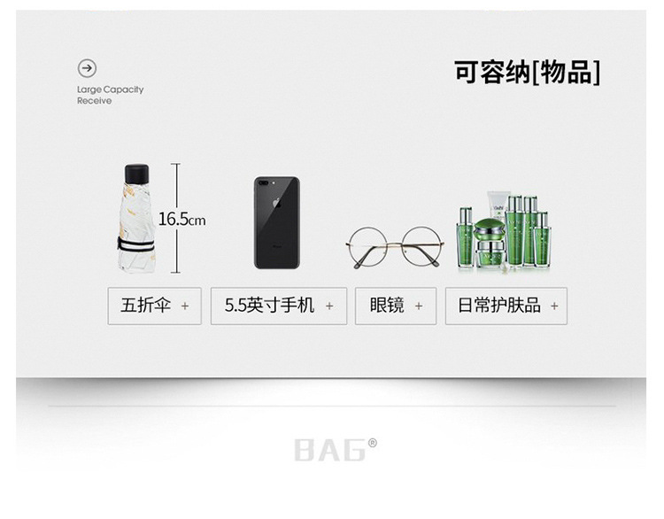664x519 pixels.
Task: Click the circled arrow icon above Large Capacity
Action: (87, 68)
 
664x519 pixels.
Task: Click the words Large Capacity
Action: (110, 89)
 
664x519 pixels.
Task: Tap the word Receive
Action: (94, 101)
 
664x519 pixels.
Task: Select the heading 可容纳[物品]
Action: (527, 73)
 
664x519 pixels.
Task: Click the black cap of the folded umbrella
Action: (136, 171)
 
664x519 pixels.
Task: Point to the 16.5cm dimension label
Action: (182, 219)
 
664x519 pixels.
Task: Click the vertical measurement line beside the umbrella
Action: (176, 217)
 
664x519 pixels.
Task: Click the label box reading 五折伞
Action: (154, 306)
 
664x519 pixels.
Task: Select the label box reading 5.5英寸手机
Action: (279, 306)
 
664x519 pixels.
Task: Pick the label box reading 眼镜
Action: (396, 306)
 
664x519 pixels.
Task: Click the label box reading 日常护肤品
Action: (506, 306)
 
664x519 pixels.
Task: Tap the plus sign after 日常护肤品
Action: (554, 306)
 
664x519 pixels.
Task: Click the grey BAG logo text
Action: (329, 450)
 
